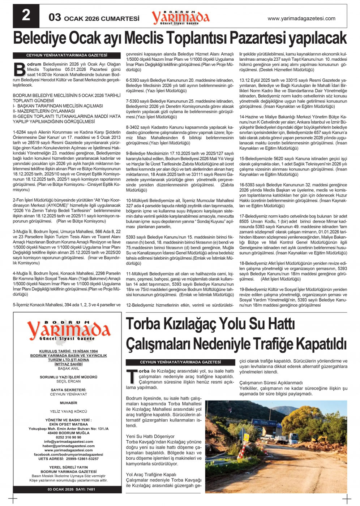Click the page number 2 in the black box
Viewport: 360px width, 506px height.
tap(26, 16)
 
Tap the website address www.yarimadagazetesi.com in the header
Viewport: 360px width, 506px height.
tap(301, 18)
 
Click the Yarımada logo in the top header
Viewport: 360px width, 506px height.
tap(180, 17)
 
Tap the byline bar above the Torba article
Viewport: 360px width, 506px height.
tap(180, 362)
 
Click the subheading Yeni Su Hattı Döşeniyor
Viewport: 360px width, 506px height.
tap(150, 436)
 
